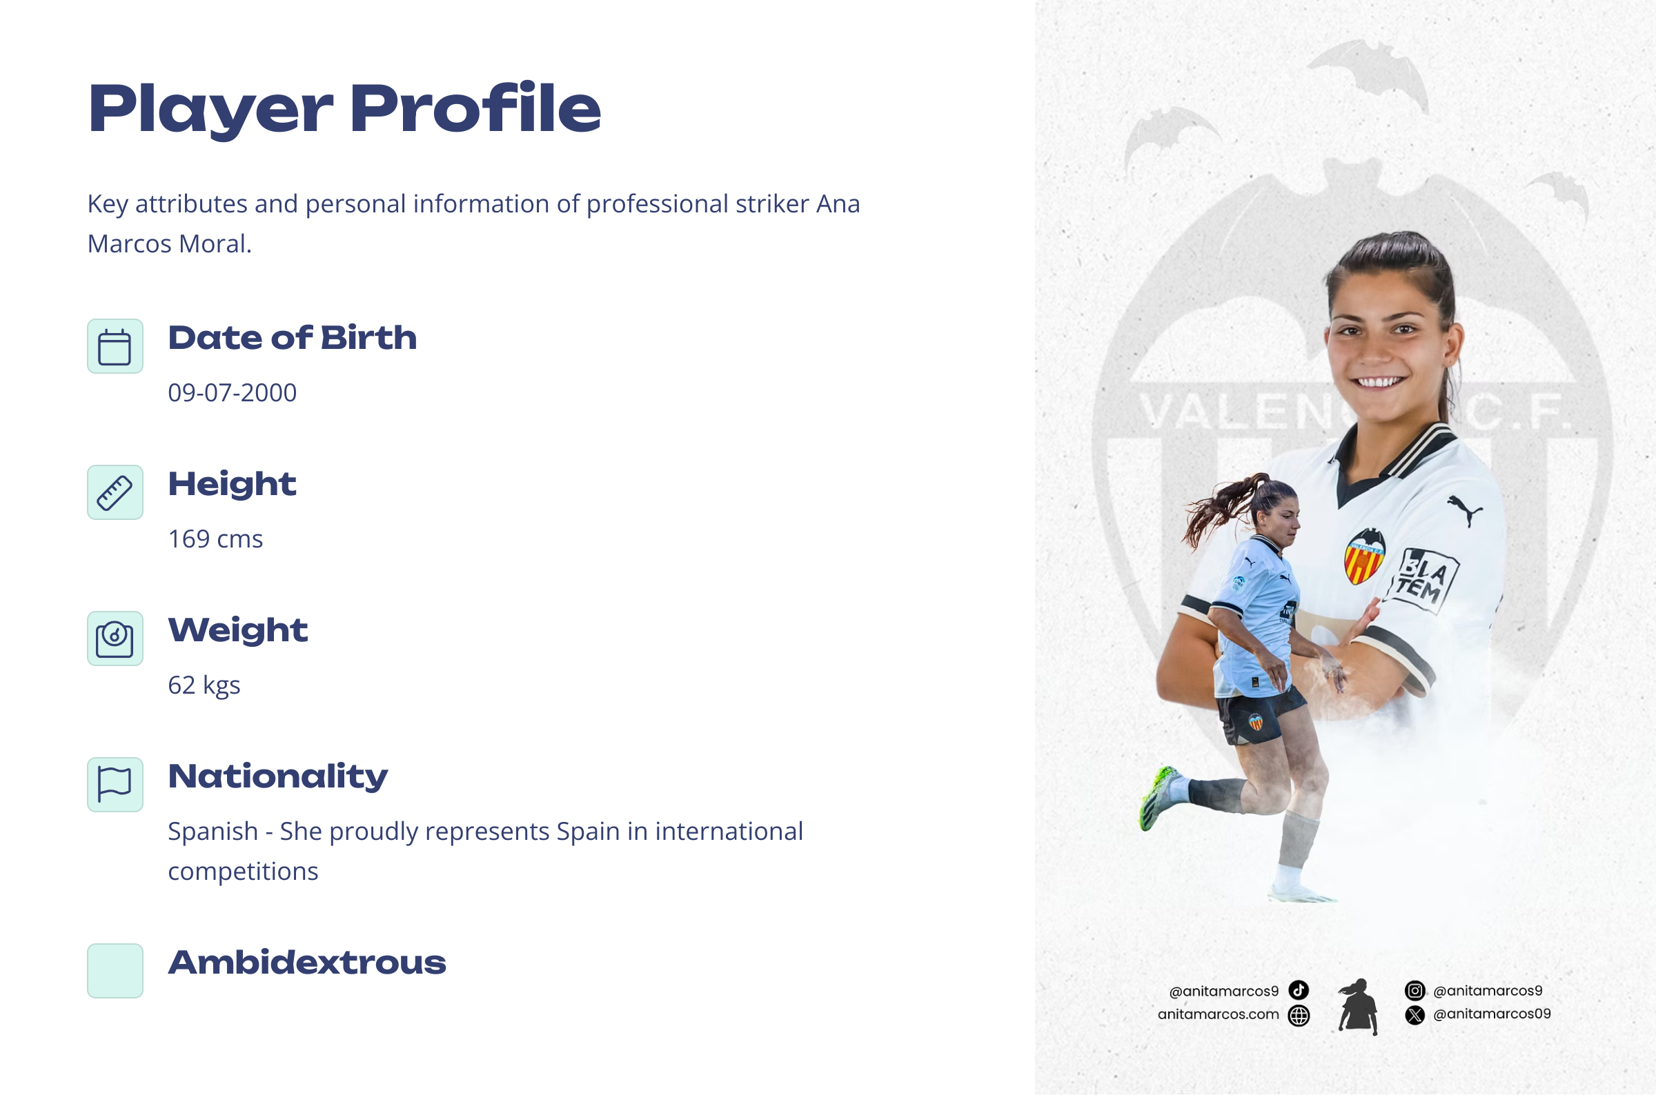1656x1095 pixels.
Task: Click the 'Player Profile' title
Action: (x=344, y=109)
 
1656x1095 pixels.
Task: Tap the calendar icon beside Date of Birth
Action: (x=115, y=346)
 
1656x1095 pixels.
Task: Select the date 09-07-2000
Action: (x=232, y=392)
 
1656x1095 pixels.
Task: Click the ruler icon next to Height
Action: (x=115, y=492)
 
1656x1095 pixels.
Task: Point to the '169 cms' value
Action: (x=215, y=539)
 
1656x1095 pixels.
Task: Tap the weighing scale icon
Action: (x=115, y=639)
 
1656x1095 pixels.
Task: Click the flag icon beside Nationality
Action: (x=115, y=784)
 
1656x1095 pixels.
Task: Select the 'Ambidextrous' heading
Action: (x=307, y=963)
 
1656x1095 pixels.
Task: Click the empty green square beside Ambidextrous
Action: (x=115, y=971)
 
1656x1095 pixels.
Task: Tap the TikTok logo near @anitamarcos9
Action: (x=1299, y=990)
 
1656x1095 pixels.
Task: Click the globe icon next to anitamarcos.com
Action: (x=1299, y=1016)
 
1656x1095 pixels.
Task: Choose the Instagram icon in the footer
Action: (x=1414, y=990)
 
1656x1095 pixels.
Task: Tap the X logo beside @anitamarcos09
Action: (x=1414, y=1015)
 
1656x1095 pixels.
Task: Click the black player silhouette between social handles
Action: (x=1357, y=1006)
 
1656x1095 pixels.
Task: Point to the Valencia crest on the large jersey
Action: (x=1365, y=556)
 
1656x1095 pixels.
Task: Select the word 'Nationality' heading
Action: (x=278, y=776)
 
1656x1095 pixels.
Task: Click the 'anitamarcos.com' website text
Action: (x=1218, y=1015)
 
